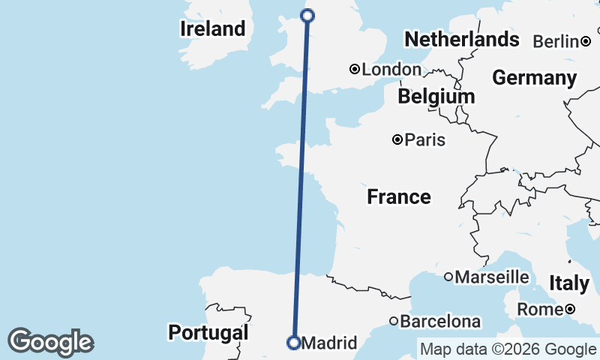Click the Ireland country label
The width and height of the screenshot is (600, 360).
213,29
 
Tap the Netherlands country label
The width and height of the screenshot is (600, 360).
461,39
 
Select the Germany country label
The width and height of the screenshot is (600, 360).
534,78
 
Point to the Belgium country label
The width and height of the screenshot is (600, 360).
436,96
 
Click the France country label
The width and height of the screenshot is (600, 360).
399,197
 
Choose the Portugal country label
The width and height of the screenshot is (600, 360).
208,332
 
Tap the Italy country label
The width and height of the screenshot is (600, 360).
569,283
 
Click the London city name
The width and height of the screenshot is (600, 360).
391,70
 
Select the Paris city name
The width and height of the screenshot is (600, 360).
425,139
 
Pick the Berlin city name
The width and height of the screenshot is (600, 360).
556,41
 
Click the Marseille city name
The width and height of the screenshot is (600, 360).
492,277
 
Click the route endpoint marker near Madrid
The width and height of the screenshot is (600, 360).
294,343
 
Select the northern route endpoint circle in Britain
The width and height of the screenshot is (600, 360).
307,15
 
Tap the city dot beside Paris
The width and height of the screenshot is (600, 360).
397,139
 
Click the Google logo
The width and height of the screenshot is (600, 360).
50,341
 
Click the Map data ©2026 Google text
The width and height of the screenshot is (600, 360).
508,349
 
